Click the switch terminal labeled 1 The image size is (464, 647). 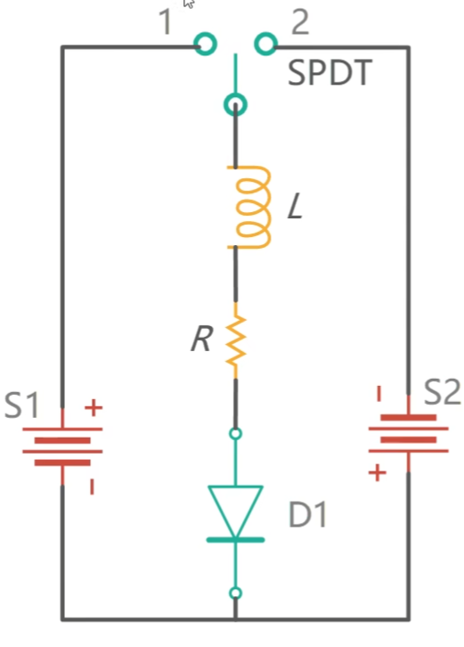(x=205, y=44)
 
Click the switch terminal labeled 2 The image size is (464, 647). (x=266, y=44)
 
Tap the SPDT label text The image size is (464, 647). (x=330, y=73)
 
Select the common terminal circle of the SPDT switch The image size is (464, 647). (x=235, y=105)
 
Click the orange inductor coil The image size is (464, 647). (x=268, y=207)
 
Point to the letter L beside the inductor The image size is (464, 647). (x=296, y=207)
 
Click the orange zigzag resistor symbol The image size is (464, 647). (x=236, y=340)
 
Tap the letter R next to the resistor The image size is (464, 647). (x=202, y=339)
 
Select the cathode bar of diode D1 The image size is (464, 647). (x=235, y=540)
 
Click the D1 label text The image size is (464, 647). (x=308, y=514)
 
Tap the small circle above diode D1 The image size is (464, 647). (x=235, y=434)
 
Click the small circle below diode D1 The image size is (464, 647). (x=235, y=593)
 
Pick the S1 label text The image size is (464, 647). (x=22, y=405)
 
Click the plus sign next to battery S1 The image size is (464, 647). (x=94, y=408)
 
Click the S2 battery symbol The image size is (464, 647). (x=408, y=434)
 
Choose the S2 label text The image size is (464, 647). (x=443, y=392)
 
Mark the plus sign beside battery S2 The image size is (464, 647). (x=378, y=472)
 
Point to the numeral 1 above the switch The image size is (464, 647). (x=166, y=22)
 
